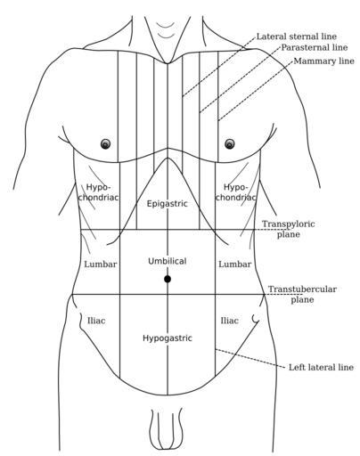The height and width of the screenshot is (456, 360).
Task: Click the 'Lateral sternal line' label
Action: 297,37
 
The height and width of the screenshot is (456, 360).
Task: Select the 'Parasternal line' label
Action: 315,47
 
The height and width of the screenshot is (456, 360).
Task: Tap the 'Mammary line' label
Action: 323,61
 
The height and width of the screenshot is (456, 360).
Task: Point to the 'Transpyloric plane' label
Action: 288,229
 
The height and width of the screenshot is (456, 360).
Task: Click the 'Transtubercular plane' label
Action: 302,294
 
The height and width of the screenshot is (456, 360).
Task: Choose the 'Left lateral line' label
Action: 321,367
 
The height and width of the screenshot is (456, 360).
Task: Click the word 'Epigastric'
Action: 168,204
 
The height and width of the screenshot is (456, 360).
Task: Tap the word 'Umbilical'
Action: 168,261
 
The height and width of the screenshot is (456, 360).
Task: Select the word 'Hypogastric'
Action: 168,338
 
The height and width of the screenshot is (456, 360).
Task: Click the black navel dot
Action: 168,279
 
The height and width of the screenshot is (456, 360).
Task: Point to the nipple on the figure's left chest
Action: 230,144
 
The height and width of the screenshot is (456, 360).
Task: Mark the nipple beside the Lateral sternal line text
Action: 230,144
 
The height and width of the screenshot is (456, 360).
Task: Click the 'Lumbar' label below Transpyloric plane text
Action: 235,265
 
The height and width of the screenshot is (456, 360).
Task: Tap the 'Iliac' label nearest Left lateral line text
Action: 230,321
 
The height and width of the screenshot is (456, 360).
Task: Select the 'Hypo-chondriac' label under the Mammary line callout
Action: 235,192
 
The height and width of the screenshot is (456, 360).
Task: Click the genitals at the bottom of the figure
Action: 167,429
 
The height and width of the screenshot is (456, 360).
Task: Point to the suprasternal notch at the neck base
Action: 168,62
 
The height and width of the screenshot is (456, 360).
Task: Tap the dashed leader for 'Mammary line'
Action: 256,91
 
